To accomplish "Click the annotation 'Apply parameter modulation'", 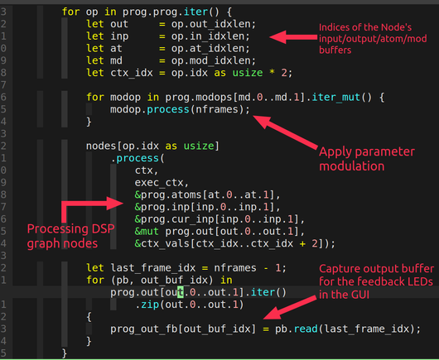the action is click(366, 159).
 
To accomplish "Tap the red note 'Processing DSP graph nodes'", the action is click(70, 236).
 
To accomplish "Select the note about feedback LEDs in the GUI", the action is click(376, 281).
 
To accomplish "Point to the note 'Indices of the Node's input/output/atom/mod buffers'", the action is click(373, 38).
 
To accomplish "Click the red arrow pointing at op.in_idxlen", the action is click(293, 37).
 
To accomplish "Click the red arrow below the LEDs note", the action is click(289, 307).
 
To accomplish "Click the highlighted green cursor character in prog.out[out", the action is click(181, 292).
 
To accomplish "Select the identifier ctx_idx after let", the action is click(132, 73).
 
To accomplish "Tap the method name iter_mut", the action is click(335, 98).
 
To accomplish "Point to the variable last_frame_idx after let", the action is click(153, 268).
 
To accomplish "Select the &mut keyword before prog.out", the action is click(147, 232).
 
